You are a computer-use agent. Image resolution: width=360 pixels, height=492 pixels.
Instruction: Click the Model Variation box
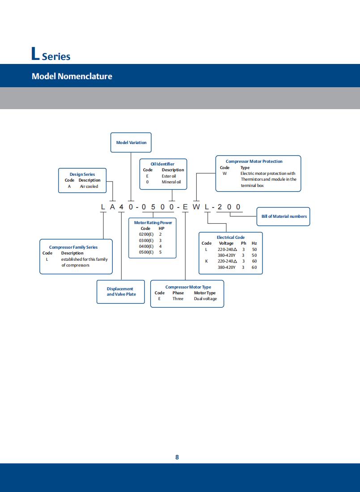[x=131, y=142]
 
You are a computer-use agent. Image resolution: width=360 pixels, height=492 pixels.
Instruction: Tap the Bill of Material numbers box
[x=284, y=216]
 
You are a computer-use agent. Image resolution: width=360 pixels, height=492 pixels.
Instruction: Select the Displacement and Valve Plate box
[x=121, y=292]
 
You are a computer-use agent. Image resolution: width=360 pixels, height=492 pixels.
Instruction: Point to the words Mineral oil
[x=171, y=182]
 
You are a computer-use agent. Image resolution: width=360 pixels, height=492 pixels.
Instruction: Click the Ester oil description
[x=169, y=176]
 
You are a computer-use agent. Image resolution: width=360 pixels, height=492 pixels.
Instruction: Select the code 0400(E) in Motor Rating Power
[x=146, y=246]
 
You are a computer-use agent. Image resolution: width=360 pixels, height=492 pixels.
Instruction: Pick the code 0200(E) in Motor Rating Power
[x=146, y=234]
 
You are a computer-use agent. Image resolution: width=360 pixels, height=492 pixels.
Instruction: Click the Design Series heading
[x=82, y=174]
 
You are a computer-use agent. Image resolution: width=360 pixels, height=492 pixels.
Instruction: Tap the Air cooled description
[x=89, y=187]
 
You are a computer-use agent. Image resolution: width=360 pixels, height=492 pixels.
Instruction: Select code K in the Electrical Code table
[x=206, y=261]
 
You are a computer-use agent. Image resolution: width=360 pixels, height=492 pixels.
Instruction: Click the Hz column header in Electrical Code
[x=254, y=243]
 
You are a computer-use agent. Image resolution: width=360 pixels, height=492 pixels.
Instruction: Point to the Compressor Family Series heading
[x=73, y=247]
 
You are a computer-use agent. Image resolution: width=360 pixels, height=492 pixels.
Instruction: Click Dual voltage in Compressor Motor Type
[x=205, y=299]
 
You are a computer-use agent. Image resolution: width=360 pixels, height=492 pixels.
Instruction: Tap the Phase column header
[x=178, y=293]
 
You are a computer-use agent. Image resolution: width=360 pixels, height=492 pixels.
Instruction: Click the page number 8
[x=177, y=457]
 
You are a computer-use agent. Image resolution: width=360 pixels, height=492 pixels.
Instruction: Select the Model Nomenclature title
[x=72, y=76]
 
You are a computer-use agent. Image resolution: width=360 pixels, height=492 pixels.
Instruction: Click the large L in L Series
[x=36, y=54]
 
